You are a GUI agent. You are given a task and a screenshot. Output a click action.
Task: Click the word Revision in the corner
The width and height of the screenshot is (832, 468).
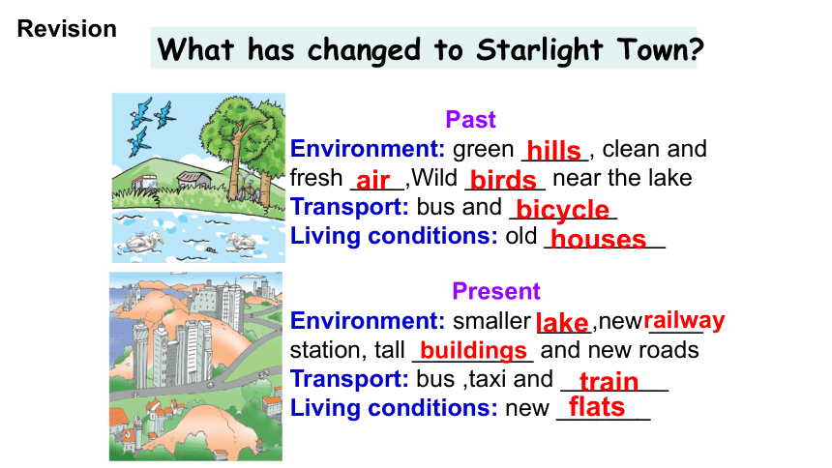pyautogui.click(x=67, y=29)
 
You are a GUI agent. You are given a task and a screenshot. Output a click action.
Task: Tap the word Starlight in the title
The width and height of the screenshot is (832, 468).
pyautogui.click(x=539, y=50)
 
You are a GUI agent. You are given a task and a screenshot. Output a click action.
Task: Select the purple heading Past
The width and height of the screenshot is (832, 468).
pyautogui.click(x=470, y=119)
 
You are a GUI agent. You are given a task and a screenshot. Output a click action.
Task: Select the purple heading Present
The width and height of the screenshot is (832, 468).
pyautogui.click(x=496, y=291)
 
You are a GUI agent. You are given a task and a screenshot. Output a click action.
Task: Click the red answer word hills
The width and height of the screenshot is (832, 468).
pyautogui.click(x=554, y=151)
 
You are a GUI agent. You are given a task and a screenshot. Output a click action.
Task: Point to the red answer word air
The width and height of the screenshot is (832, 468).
pyautogui.click(x=373, y=181)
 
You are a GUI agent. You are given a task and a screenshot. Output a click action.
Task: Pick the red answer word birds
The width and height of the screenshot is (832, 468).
pyautogui.click(x=503, y=181)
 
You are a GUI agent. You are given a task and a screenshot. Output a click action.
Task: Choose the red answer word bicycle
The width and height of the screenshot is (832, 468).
pyautogui.click(x=562, y=211)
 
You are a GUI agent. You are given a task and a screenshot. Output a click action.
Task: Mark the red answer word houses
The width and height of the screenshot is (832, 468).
pyautogui.click(x=599, y=240)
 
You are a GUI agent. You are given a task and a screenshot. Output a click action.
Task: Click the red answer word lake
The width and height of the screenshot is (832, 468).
pyautogui.click(x=562, y=323)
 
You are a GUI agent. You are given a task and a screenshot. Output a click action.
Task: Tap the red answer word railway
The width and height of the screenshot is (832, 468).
pyautogui.click(x=684, y=320)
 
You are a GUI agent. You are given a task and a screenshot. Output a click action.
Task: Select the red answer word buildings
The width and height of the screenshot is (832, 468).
pyautogui.click(x=473, y=351)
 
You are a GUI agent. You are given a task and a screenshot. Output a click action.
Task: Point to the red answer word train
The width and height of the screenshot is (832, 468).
pyautogui.click(x=609, y=382)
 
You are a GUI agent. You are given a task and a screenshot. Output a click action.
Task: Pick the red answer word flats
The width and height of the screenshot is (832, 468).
pyautogui.click(x=597, y=407)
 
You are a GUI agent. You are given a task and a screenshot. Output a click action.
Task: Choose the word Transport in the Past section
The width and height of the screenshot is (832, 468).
pyautogui.click(x=349, y=208)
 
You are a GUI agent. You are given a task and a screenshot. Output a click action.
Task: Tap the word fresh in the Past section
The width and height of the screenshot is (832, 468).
pyautogui.click(x=316, y=178)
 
